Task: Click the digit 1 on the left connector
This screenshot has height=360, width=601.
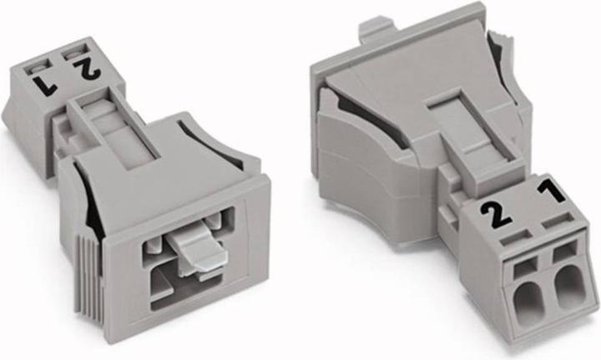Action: point(45,84)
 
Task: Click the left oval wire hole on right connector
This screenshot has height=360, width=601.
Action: point(528,299)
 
